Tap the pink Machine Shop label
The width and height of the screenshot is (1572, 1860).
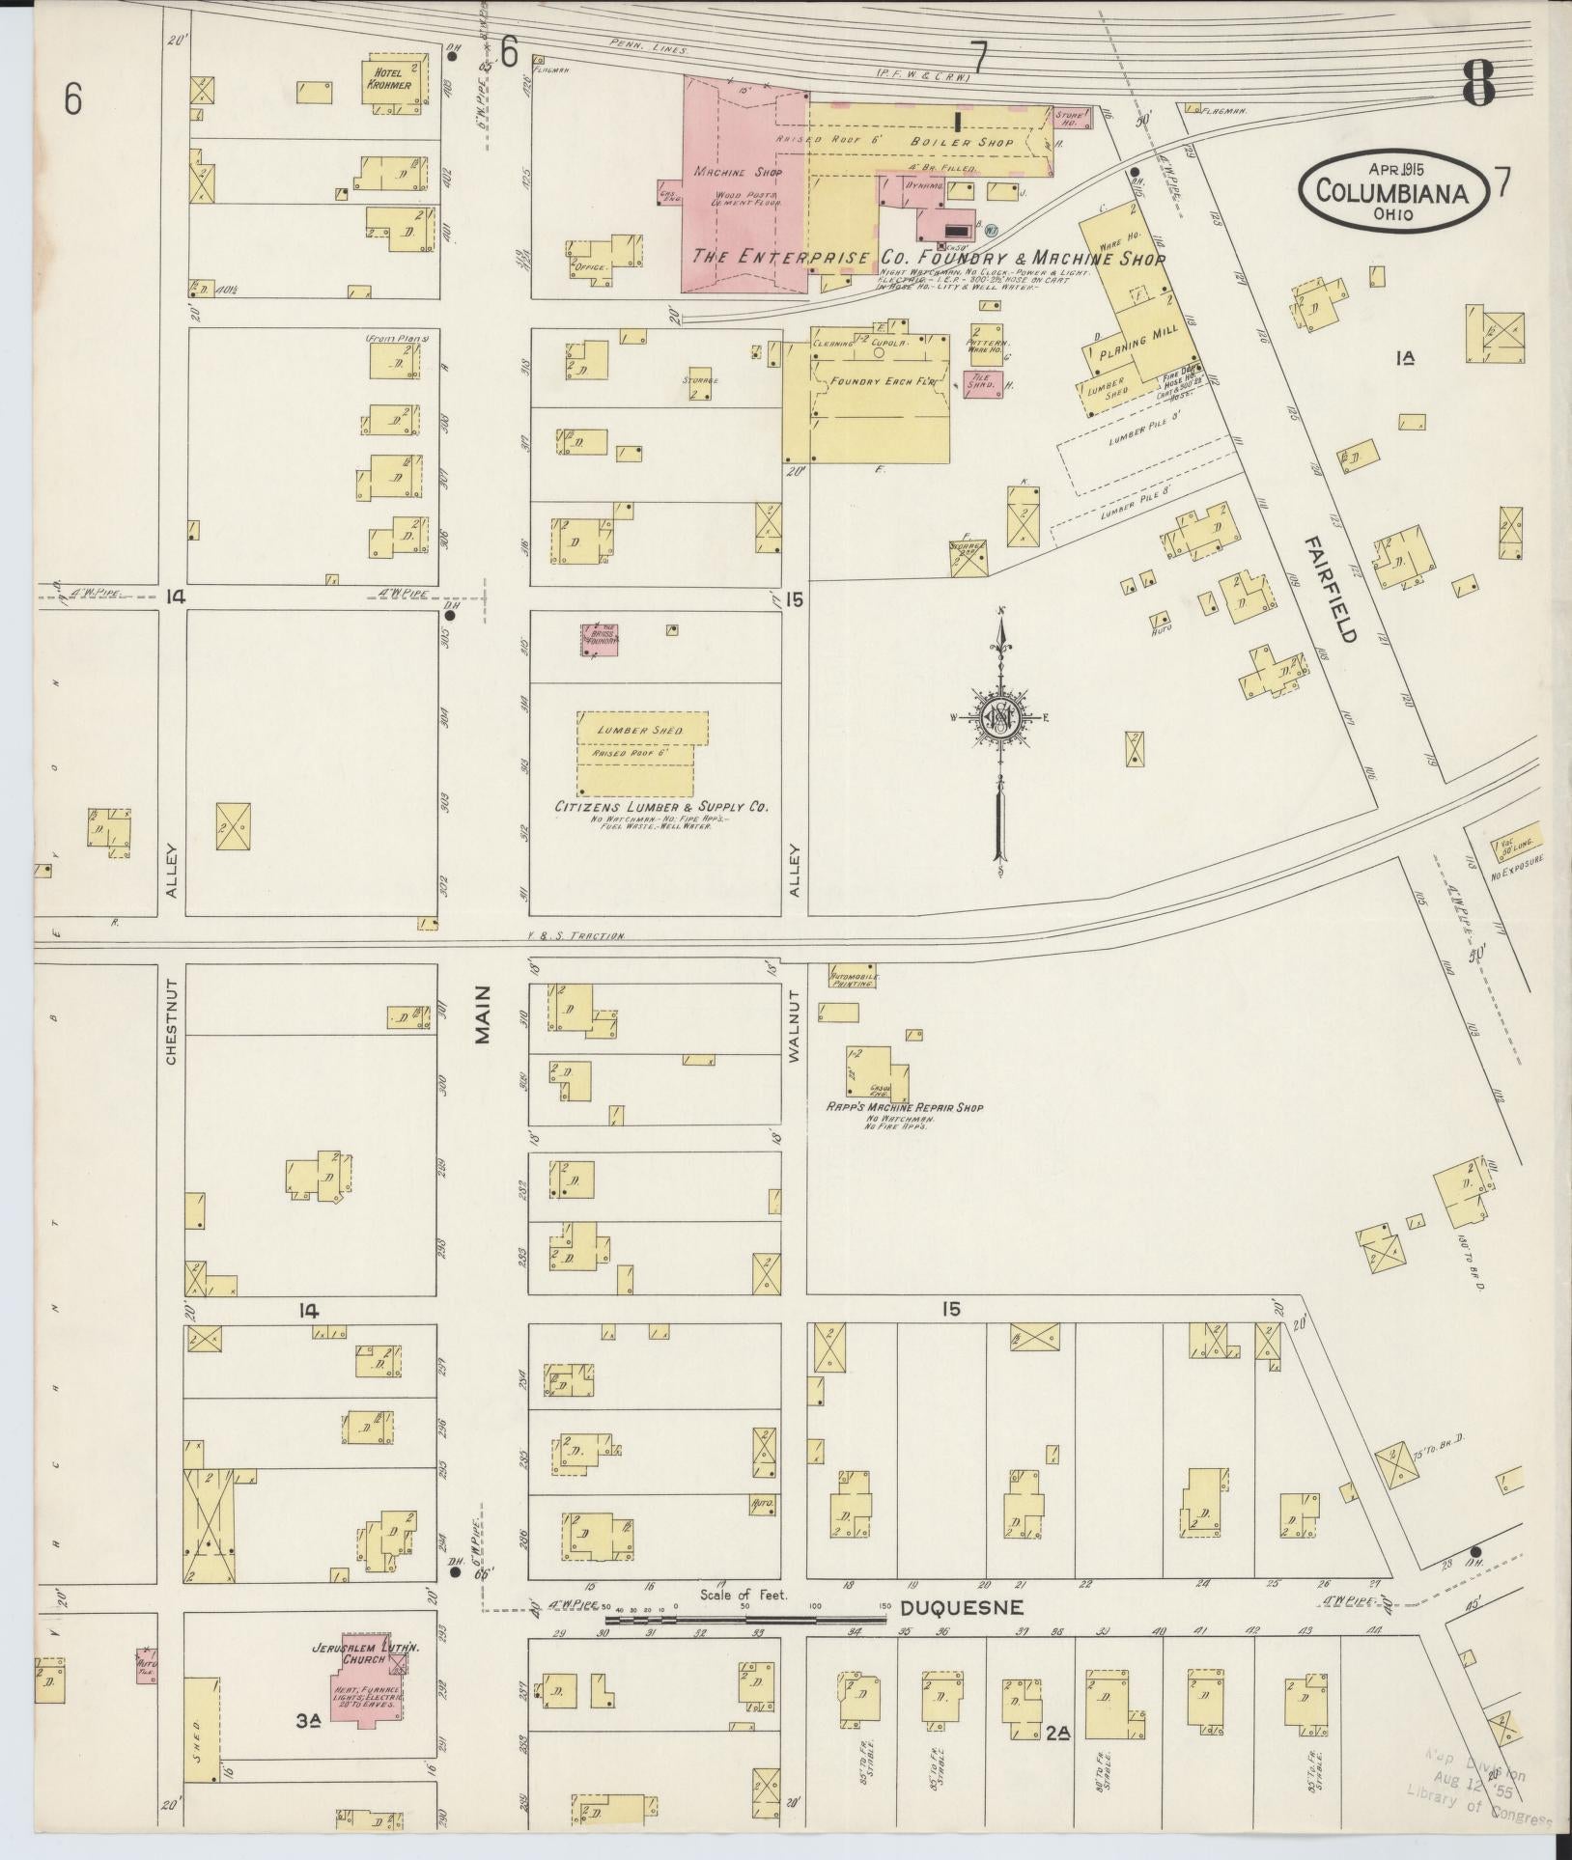tap(737, 172)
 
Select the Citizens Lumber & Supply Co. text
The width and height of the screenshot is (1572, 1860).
tap(660, 806)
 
